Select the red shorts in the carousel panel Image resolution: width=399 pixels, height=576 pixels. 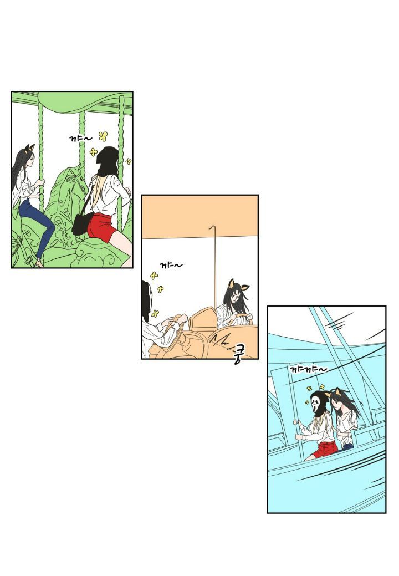[102, 227]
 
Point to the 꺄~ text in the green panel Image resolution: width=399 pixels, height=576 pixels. [81, 139]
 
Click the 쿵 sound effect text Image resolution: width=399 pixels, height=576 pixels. [239, 353]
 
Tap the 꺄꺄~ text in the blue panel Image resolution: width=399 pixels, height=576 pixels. [308, 369]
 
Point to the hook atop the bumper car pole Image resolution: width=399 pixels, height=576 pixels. [212, 227]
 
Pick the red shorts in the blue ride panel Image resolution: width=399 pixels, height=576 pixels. [325, 449]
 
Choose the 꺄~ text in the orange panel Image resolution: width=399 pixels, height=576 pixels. [171, 265]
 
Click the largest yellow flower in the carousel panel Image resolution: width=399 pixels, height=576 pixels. [104, 136]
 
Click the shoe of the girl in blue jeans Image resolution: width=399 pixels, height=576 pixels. [38, 263]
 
